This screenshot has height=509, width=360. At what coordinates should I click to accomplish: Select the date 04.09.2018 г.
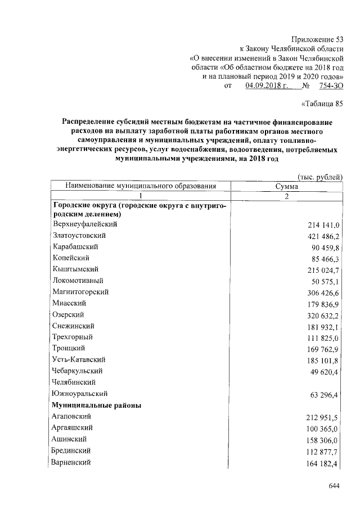267,86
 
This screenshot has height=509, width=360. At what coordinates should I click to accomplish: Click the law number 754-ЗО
330,86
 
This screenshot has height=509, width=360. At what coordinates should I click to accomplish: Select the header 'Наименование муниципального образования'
140,186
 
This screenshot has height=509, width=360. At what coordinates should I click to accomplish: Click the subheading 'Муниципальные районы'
96,405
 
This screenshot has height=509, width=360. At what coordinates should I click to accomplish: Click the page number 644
335,485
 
